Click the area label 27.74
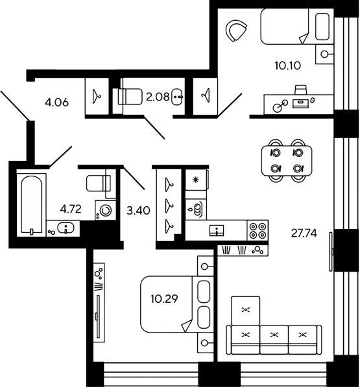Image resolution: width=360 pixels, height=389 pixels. point(304,233)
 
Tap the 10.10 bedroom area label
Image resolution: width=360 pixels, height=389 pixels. point(288,65)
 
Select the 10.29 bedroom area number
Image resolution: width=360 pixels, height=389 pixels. point(164,299)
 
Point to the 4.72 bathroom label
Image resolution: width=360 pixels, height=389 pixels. point(71,209)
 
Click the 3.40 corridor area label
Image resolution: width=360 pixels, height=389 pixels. point(138,211)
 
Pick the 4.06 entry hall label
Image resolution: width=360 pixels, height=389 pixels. point(56,102)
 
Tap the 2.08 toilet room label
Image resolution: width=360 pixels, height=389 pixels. point(158,97)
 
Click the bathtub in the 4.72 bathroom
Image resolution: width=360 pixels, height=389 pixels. point(31,205)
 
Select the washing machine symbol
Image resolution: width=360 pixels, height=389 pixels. point(105,210)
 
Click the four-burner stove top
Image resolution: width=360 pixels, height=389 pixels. point(258,230)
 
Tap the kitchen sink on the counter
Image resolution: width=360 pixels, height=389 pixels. point(217,230)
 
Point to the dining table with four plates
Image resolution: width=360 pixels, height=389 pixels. point(287,161)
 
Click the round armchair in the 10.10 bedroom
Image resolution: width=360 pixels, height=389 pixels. point(235,30)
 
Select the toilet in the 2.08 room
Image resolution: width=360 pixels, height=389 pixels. point(128,96)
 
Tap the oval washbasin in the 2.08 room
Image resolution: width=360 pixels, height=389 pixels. point(177,96)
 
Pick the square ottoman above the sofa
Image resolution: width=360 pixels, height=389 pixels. point(246,311)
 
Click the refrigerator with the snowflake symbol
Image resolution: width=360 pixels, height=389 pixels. point(196,180)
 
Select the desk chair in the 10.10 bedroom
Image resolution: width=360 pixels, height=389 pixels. point(300,90)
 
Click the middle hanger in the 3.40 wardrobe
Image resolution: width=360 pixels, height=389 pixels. point(169,205)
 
